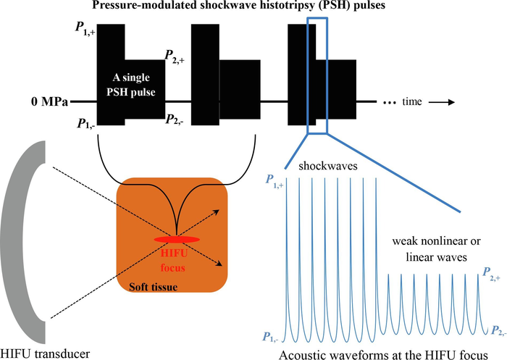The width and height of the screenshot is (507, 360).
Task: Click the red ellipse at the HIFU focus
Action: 177,238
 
